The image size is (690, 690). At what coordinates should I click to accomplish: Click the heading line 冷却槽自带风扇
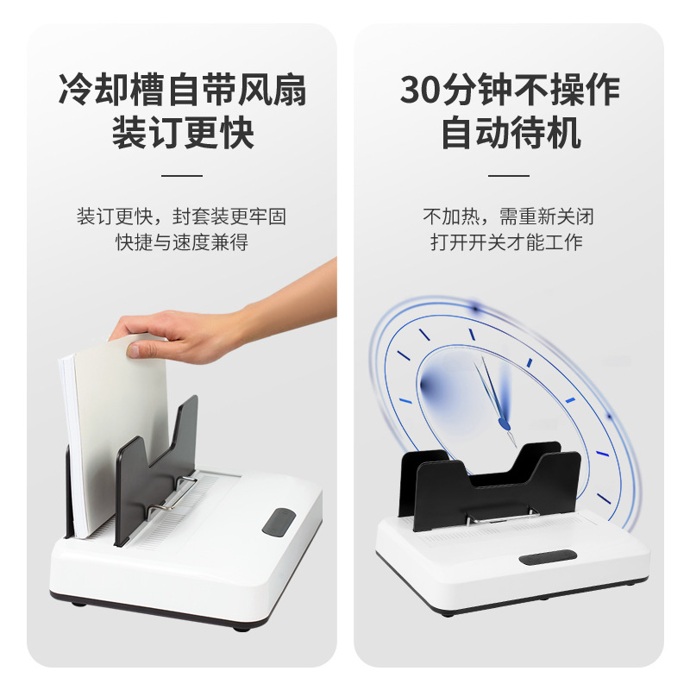point(182,90)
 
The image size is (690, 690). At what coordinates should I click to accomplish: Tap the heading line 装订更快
point(182,134)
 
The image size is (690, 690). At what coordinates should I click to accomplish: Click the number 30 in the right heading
point(422,90)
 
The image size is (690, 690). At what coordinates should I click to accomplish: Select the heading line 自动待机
point(510,134)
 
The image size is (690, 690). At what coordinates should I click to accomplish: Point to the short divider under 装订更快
point(182,175)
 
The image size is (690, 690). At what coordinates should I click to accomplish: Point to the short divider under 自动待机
point(509,175)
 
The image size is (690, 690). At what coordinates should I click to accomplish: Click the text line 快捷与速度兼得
point(182,242)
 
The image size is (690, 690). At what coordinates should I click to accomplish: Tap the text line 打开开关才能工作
point(508,242)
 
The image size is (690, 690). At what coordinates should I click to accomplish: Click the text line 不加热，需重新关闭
point(508,216)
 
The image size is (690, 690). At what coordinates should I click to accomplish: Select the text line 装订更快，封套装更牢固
point(182,216)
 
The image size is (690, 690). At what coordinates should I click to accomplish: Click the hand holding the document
point(198,332)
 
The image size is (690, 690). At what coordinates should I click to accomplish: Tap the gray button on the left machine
point(278,521)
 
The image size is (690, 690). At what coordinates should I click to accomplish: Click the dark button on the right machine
point(548,556)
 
